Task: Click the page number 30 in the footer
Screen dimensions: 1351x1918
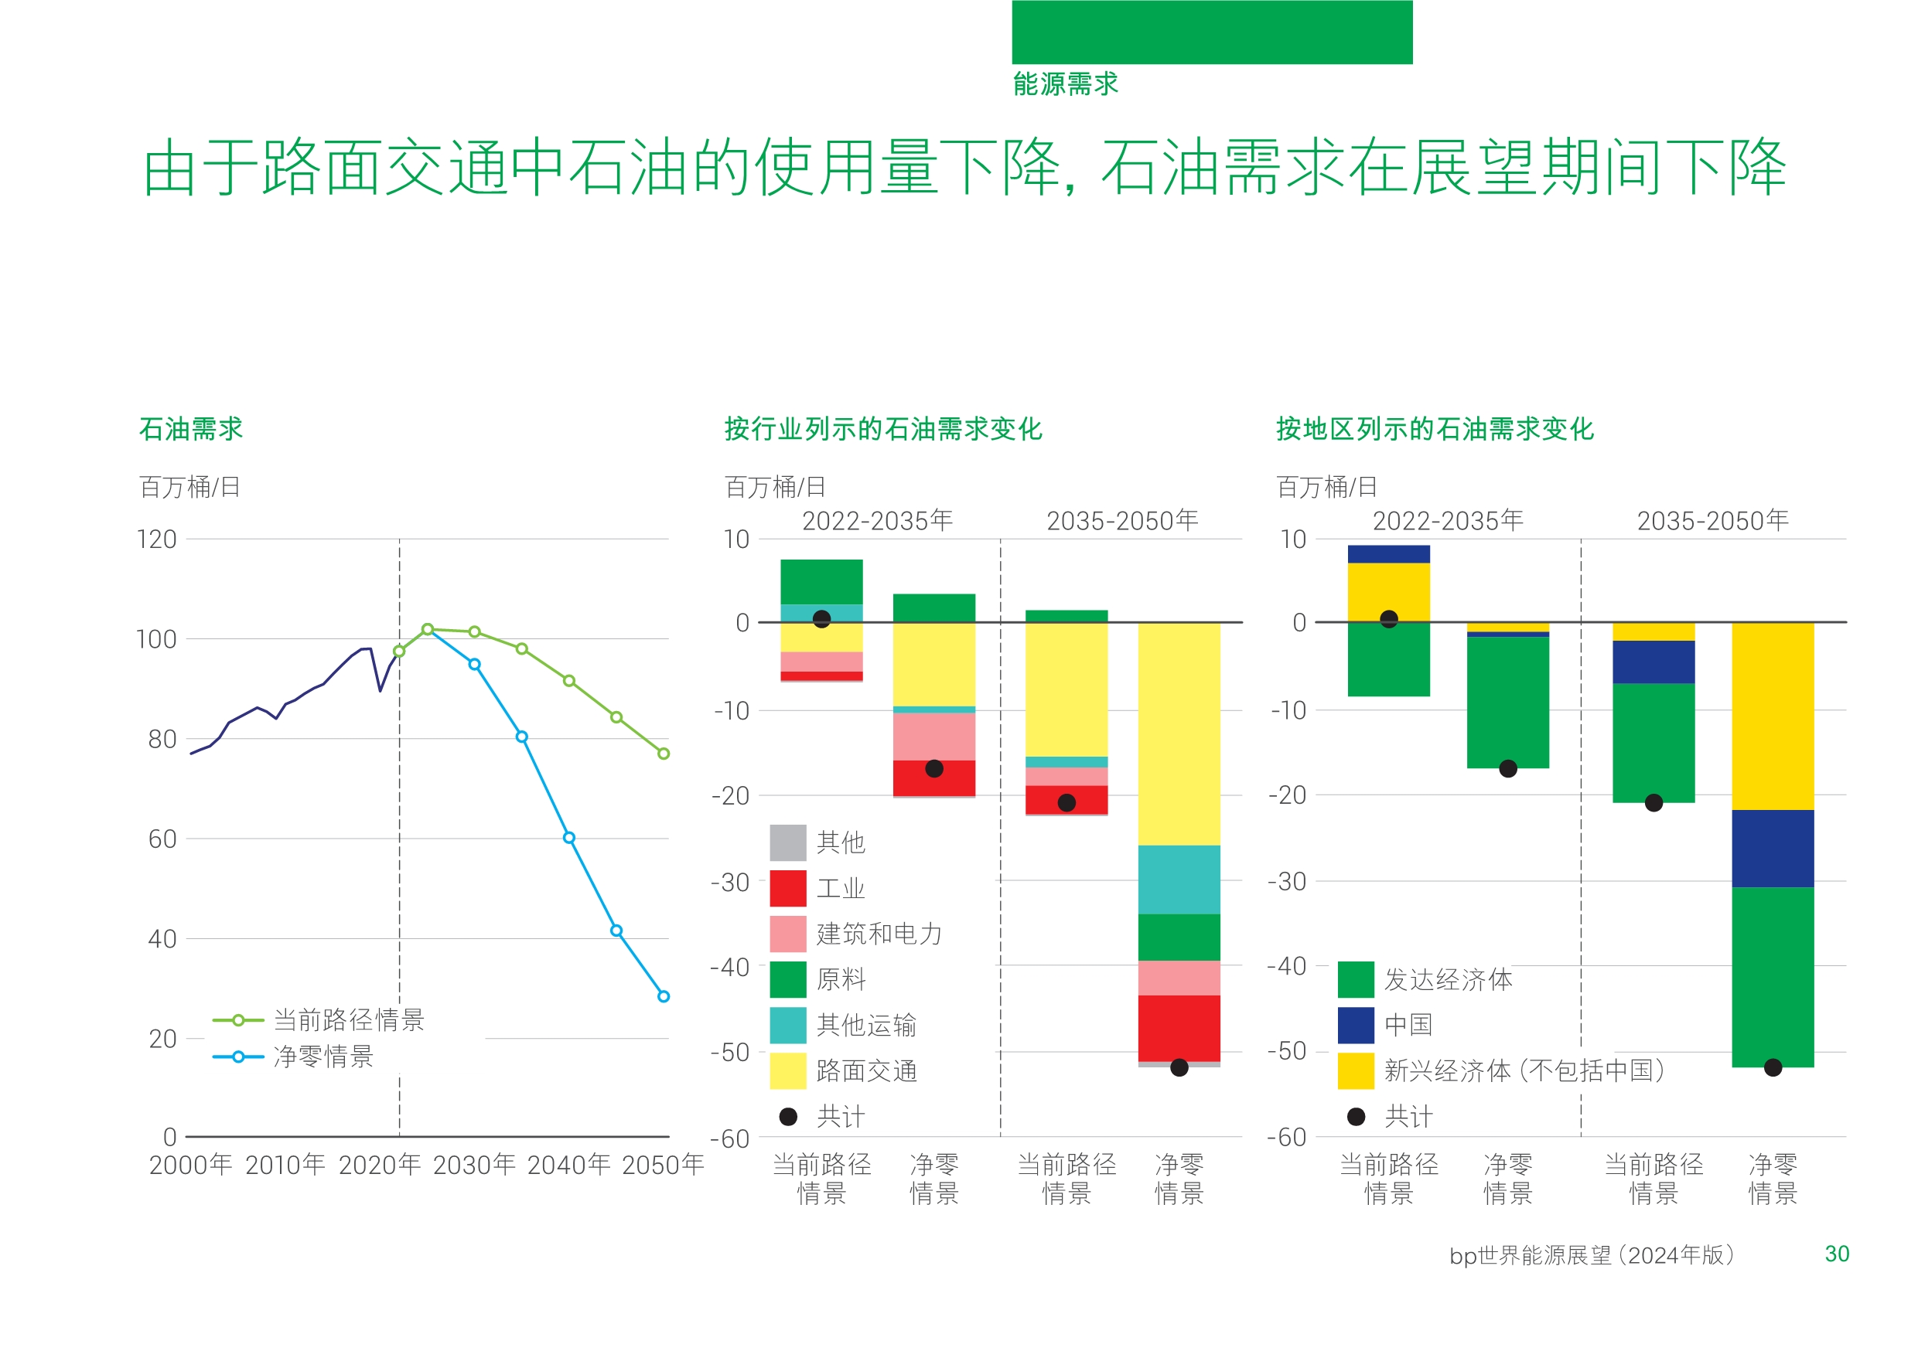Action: pyautogui.click(x=1836, y=1254)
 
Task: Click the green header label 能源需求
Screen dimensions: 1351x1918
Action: pyautogui.click(x=1065, y=83)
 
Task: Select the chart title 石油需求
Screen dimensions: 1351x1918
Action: pyautogui.click(x=190, y=429)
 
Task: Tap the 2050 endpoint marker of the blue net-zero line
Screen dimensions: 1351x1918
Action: pyautogui.click(x=664, y=996)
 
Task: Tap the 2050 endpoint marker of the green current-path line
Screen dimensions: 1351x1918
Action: pyautogui.click(x=664, y=754)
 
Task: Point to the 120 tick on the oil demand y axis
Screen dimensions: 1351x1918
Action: pyautogui.click(x=156, y=539)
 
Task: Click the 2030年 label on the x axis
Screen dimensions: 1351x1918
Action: pyautogui.click(x=473, y=1165)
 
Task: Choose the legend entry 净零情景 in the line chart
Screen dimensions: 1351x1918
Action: pyautogui.click(x=323, y=1057)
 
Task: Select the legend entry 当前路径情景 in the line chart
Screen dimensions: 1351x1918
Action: pyautogui.click(x=348, y=1019)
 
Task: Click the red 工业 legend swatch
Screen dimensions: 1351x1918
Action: pyautogui.click(x=788, y=888)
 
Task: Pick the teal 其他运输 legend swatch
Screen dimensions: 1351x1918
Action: pyautogui.click(x=788, y=1026)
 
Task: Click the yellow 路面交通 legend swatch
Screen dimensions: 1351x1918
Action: pyautogui.click(x=788, y=1071)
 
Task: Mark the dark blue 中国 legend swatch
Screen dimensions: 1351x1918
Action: pyautogui.click(x=1356, y=1026)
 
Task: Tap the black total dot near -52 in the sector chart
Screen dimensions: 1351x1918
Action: pyautogui.click(x=1179, y=1067)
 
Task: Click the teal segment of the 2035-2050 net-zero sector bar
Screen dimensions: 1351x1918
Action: pyautogui.click(x=1179, y=880)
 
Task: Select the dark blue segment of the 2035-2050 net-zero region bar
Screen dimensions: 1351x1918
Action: pyautogui.click(x=1773, y=849)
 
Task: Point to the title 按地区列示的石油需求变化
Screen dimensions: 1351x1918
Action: pyautogui.click(x=1435, y=429)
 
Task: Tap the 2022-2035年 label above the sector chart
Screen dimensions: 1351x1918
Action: pyautogui.click(x=877, y=521)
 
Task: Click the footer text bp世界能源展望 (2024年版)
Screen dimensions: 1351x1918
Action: pyautogui.click(x=1592, y=1255)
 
